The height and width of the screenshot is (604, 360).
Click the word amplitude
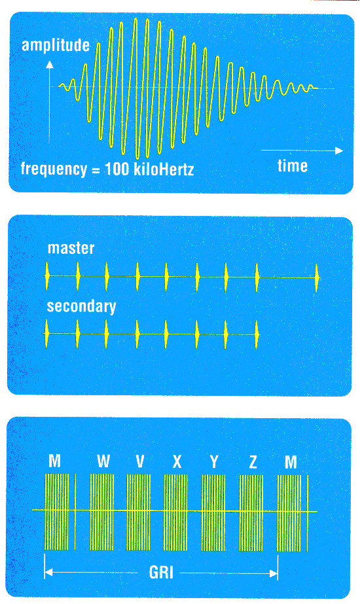(x=56, y=45)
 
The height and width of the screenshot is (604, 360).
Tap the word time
(x=293, y=166)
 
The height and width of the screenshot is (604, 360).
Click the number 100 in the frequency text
(x=117, y=169)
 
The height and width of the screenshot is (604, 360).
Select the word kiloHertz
(x=164, y=169)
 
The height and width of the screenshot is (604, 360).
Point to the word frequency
(x=54, y=169)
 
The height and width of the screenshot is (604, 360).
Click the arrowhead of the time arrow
(x=339, y=151)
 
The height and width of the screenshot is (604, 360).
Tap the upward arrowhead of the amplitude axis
(x=49, y=65)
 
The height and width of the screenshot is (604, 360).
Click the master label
(x=71, y=248)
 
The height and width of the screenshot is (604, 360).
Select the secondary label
(x=81, y=307)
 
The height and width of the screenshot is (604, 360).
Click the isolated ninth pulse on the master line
(x=317, y=277)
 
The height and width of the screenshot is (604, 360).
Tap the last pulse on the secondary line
(x=257, y=334)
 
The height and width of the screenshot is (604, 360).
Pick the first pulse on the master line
(x=47, y=276)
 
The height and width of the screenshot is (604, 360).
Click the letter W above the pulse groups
(x=103, y=461)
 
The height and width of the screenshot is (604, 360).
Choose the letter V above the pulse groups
(x=140, y=461)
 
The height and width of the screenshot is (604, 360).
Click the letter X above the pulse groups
(x=177, y=461)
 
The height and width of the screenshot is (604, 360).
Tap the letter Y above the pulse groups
(x=214, y=461)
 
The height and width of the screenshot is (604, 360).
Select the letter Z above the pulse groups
(x=253, y=461)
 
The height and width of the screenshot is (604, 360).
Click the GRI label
(x=161, y=573)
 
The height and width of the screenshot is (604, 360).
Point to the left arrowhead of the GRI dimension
(x=48, y=573)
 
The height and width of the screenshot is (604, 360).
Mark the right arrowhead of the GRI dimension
(x=274, y=573)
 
